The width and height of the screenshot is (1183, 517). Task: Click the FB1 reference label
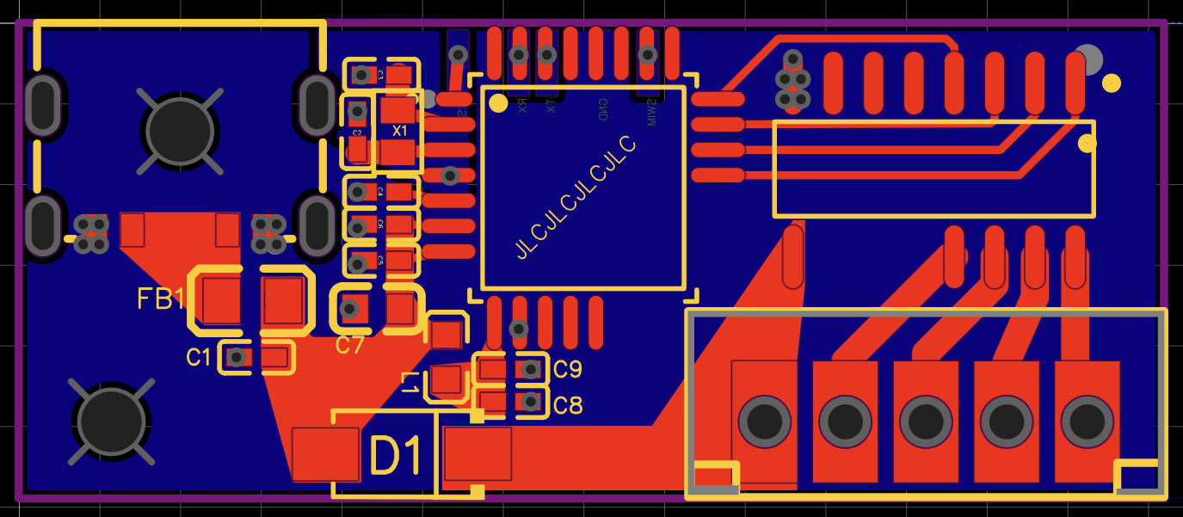coord(161,299)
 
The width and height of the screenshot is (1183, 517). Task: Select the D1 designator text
coord(396,456)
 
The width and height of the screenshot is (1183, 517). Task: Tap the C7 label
coord(350,346)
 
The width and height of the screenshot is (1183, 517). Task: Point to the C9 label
coord(568,370)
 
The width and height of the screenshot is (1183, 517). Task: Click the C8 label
coord(568,404)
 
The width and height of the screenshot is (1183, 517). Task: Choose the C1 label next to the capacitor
coord(198,357)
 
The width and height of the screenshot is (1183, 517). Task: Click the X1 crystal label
coord(399,132)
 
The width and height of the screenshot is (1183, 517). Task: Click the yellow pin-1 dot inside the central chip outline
coord(498,103)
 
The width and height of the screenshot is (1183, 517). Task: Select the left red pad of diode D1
coord(325,454)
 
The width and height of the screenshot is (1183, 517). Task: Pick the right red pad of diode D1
coord(478,453)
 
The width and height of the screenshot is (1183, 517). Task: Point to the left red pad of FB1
coord(222,299)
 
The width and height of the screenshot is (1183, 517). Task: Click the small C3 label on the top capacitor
coord(379,76)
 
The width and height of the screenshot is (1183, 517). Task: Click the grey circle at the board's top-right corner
coord(1088,58)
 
